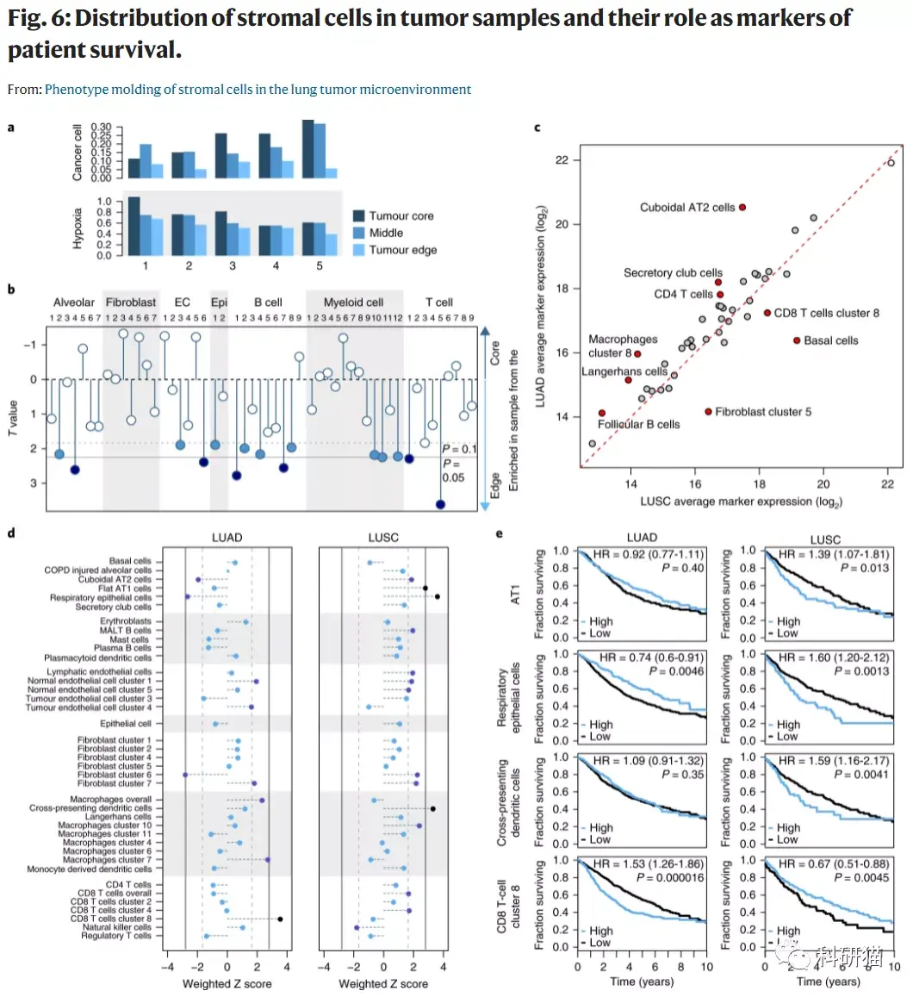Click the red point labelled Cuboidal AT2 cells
(742, 208)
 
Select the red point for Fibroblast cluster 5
(708, 412)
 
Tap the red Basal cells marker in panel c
(797, 340)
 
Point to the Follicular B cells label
(639, 424)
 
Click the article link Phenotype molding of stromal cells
(258, 89)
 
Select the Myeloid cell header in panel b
(353, 302)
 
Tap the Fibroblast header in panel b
(131, 302)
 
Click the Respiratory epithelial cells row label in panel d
(101, 597)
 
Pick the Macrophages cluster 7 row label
(107, 860)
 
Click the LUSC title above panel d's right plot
(383, 538)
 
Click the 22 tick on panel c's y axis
(562, 160)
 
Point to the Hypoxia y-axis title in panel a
(78, 227)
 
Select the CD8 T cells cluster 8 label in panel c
(827, 314)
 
